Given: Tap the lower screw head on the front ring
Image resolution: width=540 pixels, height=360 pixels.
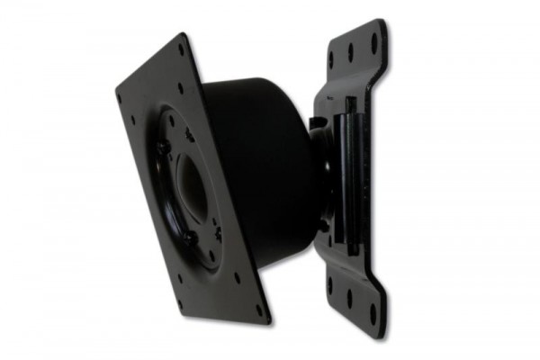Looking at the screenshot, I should tap(191, 238).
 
